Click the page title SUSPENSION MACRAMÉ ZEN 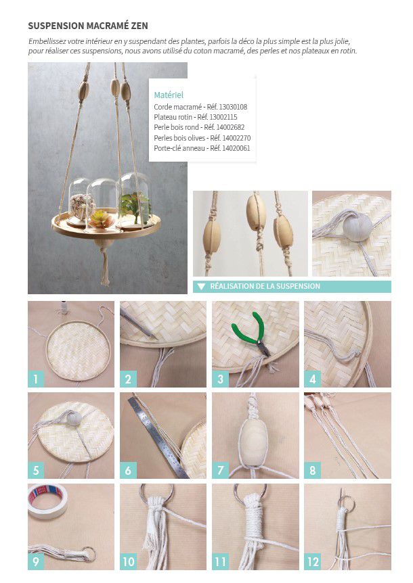[88, 26]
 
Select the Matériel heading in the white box [169, 95]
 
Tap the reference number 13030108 [233, 107]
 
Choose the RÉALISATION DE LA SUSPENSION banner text [265, 286]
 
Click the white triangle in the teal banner [202, 287]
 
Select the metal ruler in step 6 [158, 438]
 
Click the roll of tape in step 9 [47, 501]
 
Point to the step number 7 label [220, 470]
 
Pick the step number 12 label [313, 561]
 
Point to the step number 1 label [36, 379]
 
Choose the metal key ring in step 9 [89, 553]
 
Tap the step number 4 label [313, 379]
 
